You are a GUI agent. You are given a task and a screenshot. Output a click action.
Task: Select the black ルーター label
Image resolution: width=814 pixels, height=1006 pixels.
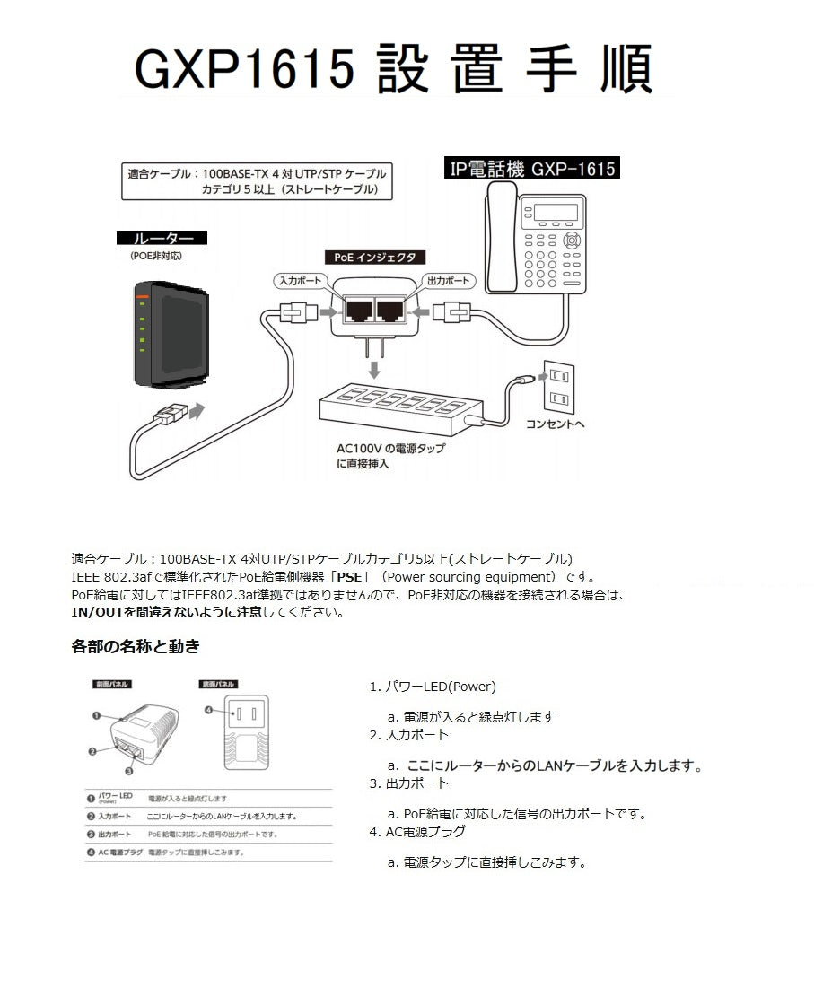162,239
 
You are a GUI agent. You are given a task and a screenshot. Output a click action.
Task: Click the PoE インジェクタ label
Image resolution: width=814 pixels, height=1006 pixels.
375,257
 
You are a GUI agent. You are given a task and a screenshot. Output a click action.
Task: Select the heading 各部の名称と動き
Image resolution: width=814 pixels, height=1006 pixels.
136,645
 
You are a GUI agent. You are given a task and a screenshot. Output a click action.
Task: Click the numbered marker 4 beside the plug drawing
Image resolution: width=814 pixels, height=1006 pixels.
208,710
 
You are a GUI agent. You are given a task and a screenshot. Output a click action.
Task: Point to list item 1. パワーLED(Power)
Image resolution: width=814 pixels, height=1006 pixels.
433,687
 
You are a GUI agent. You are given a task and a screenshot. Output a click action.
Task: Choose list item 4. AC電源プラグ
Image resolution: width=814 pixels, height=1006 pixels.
417,832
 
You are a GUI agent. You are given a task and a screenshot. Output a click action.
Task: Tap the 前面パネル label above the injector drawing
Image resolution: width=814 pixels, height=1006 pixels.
112,684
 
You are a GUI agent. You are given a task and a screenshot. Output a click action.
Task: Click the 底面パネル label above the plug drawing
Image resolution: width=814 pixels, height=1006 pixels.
218,684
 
